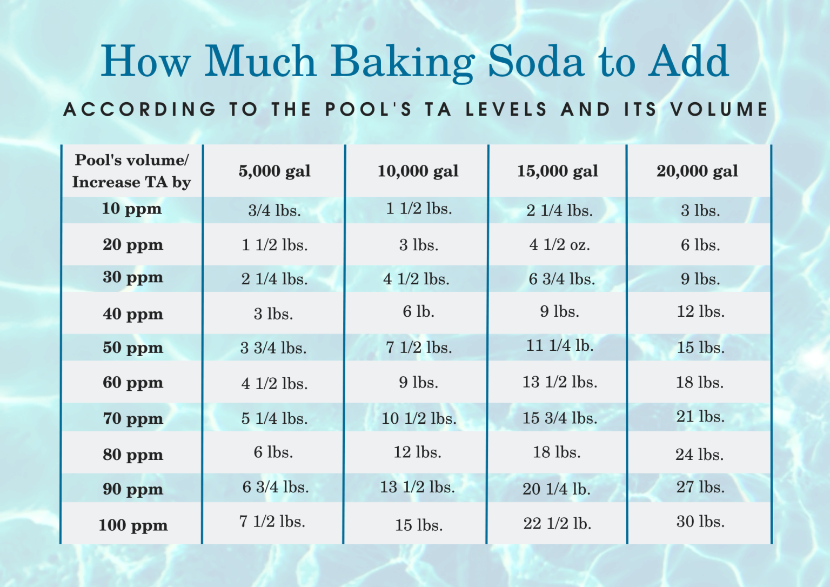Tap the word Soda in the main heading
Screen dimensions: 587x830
[536, 61]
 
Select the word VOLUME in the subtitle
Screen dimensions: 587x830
[719, 110]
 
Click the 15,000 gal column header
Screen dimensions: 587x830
[557, 171]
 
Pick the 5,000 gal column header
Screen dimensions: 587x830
[275, 171]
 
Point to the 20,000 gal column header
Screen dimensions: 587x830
[697, 171]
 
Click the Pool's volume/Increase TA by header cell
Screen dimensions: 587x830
[132, 171]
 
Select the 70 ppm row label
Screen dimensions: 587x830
[133, 418]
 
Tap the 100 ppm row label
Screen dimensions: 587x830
[133, 525]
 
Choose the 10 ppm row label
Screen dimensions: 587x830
[132, 209]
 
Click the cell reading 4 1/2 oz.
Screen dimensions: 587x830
[559, 245]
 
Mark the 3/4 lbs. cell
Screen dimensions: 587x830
[275, 210]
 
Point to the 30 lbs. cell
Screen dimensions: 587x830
[700, 522]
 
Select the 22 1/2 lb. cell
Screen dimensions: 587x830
[557, 523]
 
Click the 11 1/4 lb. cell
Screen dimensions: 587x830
[560, 345]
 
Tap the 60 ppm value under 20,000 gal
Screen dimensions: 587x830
[700, 383]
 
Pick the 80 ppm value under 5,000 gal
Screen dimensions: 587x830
[273, 452]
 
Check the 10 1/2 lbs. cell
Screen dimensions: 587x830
[419, 418]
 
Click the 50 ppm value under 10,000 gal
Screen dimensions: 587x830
[419, 348]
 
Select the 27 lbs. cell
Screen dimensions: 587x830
[700, 487]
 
